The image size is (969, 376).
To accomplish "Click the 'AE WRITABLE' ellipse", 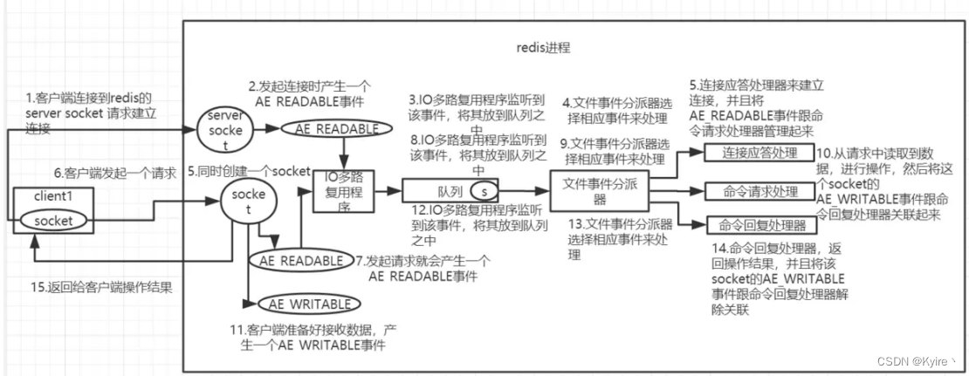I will [x=310, y=304].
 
